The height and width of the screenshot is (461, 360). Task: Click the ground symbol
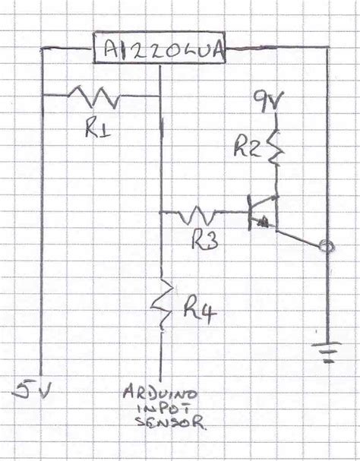point(327,351)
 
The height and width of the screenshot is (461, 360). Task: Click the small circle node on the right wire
point(327,246)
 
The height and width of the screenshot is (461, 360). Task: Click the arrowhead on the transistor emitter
point(264,223)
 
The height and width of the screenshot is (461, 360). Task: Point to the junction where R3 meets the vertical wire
point(161,213)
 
